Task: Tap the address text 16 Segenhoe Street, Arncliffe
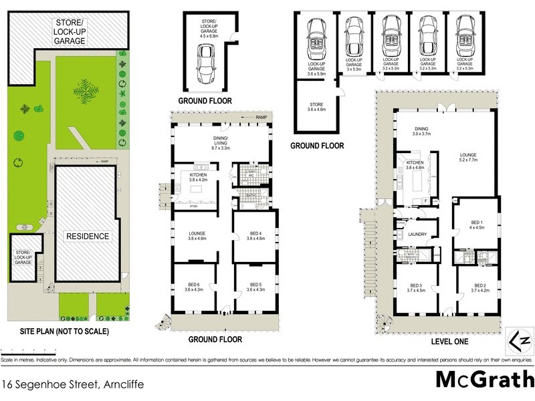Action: [72, 384]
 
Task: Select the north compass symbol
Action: [522, 340]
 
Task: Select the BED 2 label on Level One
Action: [477, 287]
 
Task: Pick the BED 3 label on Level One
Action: [415, 287]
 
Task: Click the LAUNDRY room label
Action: [417, 234]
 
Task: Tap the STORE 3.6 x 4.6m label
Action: [316, 107]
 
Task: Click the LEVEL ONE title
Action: [437, 341]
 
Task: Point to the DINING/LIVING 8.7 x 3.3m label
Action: [221, 142]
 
